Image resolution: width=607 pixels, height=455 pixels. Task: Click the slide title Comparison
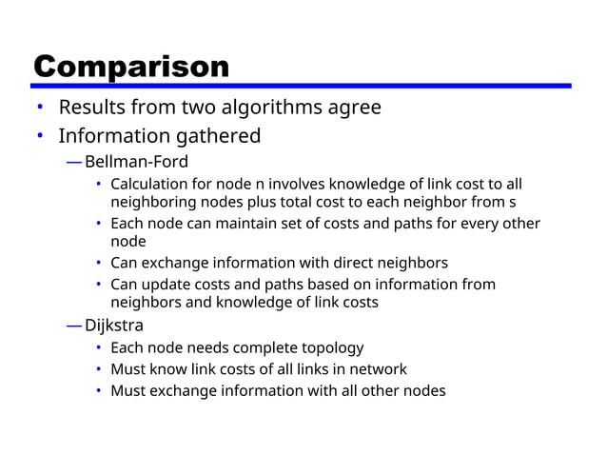tap(131, 67)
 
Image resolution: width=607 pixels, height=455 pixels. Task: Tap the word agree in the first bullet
tap(353, 107)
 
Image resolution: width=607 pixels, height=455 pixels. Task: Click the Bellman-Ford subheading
tap(136, 161)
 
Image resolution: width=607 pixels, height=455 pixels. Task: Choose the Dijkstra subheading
tap(114, 326)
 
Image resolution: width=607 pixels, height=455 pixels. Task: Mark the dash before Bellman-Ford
tap(74, 161)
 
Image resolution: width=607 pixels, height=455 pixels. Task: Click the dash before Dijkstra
tap(74, 326)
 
